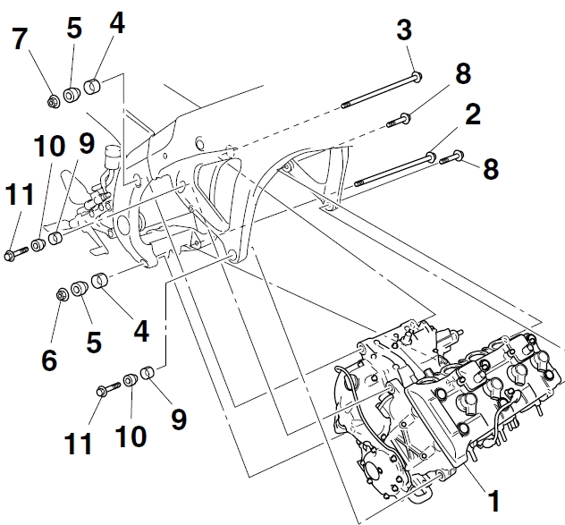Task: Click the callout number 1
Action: (x=494, y=501)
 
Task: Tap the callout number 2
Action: (x=473, y=114)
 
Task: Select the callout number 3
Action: (x=404, y=30)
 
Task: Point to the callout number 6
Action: (x=49, y=360)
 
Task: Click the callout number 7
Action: (x=20, y=38)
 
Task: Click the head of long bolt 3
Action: (x=417, y=76)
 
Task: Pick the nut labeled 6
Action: (x=62, y=294)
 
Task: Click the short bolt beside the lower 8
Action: (x=451, y=157)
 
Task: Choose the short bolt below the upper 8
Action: (x=399, y=120)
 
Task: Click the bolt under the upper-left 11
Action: (x=16, y=253)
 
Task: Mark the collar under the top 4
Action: (x=92, y=86)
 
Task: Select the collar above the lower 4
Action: (x=100, y=281)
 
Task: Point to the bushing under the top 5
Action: (x=72, y=94)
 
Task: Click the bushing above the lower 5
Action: (x=79, y=288)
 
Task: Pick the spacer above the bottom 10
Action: (x=131, y=380)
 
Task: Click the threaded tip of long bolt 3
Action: (x=346, y=105)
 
